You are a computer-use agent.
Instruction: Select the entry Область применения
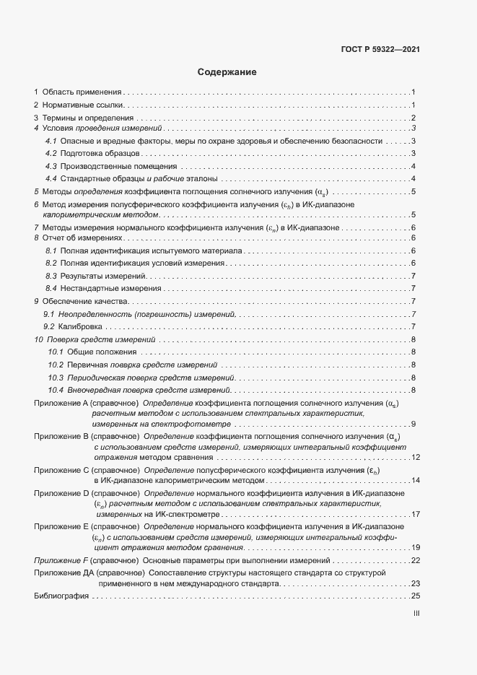point(82,92)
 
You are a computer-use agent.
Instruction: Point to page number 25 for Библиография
point(415,596)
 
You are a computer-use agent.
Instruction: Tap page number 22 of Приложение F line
point(415,560)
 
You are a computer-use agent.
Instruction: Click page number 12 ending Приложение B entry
point(415,458)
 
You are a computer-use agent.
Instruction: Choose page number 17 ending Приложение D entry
point(415,515)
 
